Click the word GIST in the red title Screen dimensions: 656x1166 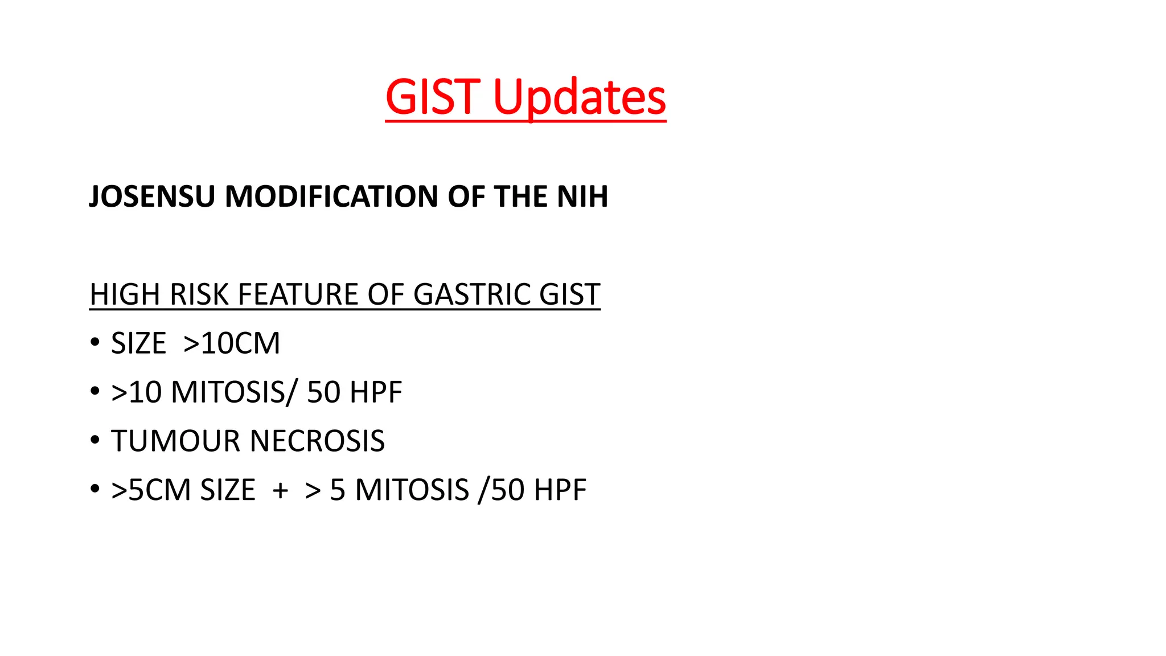pyautogui.click(x=431, y=97)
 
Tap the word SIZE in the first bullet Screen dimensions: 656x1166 pyautogui.click(x=138, y=343)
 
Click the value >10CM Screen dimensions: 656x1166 pyautogui.click(x=232, y=343)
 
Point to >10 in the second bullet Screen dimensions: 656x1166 pyautogui.click(x=137, y=392)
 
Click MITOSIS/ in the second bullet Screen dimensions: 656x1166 pyautogui.click(x=234, y=392)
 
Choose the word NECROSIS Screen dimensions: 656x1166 pyautogui.click(x=317, y=441)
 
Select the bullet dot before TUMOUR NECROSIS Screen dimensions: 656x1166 pyautogui.click(x=95, y=440)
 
